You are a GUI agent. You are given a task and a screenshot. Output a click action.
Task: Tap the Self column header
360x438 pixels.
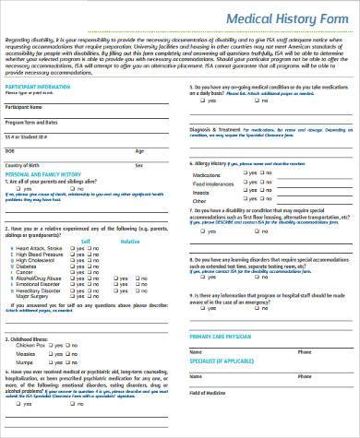pyautogui.click(x=86, y=240)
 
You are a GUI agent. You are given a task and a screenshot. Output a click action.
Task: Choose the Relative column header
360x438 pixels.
pyautogui.click(x=130, y=240)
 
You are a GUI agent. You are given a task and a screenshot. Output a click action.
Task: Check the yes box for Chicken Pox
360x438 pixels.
pyautogui.click(x=61, y=345)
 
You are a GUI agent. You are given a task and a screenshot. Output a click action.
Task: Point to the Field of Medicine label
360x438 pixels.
pyautogui.click(x=210, y=394)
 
